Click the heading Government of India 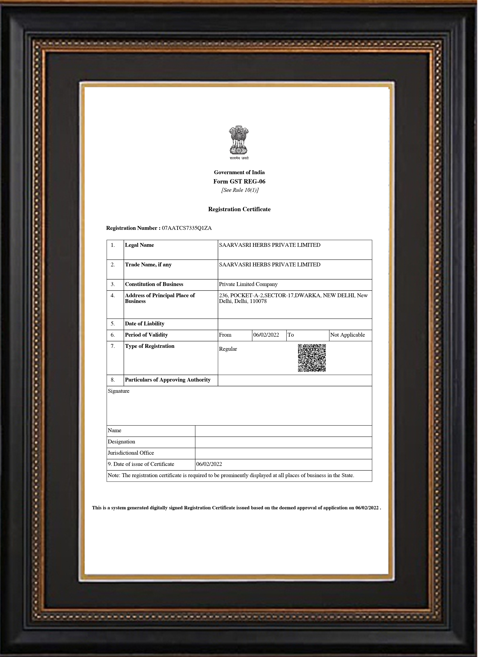[239, 172]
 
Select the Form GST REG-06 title [239, 182]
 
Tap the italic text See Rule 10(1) [240, 190]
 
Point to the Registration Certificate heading [239, 209]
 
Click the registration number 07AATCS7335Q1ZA [187, 228]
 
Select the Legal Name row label [139, 245]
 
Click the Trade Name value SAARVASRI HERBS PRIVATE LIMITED [270, 264]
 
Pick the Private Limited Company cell [248, 284]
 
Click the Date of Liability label [145, 323]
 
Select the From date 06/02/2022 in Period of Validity [266, 335]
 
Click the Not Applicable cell [347, 335]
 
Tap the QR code [312, 358]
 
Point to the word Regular [228, 349]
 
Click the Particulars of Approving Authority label [168, 380]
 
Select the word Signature [119, 391]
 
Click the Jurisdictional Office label [131, 453]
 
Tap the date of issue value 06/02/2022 [209, 464]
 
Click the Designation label [121, 442]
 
